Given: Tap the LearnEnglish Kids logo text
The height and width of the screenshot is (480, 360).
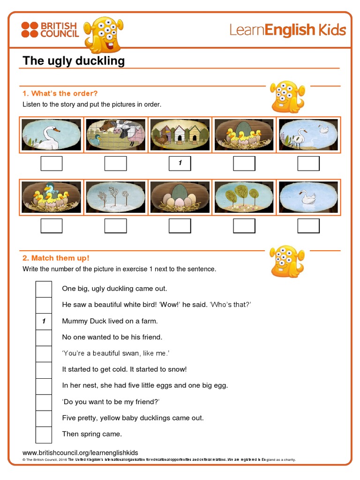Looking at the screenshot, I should (287, 30).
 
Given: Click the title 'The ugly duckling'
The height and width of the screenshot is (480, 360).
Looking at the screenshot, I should (74, 61).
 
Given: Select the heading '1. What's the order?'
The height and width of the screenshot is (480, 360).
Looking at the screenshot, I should (60, 93).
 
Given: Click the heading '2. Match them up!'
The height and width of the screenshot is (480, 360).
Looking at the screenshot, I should (56, 258).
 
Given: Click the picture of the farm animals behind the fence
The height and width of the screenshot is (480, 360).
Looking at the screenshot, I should (116, 135).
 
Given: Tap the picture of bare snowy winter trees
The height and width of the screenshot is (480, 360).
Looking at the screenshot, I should (116, 197).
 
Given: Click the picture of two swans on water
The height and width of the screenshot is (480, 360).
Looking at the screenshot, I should (308, 135).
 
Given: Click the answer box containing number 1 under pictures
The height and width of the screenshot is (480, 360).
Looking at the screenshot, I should (180, 164).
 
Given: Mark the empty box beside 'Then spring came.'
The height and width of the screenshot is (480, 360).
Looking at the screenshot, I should (44, 434).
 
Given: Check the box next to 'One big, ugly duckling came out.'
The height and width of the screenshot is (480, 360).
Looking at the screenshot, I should (44, 289).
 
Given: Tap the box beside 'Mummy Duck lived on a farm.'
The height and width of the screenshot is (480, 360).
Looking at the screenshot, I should (44, 321).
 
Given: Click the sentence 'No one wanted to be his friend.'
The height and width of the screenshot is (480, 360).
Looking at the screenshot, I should (112, 337).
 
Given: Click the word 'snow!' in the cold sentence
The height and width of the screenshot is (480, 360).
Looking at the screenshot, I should (177, 369).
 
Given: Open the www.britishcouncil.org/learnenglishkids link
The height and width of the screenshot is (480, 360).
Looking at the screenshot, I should (80, 452).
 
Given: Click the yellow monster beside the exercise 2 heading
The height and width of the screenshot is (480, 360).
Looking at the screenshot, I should (287, 261).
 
